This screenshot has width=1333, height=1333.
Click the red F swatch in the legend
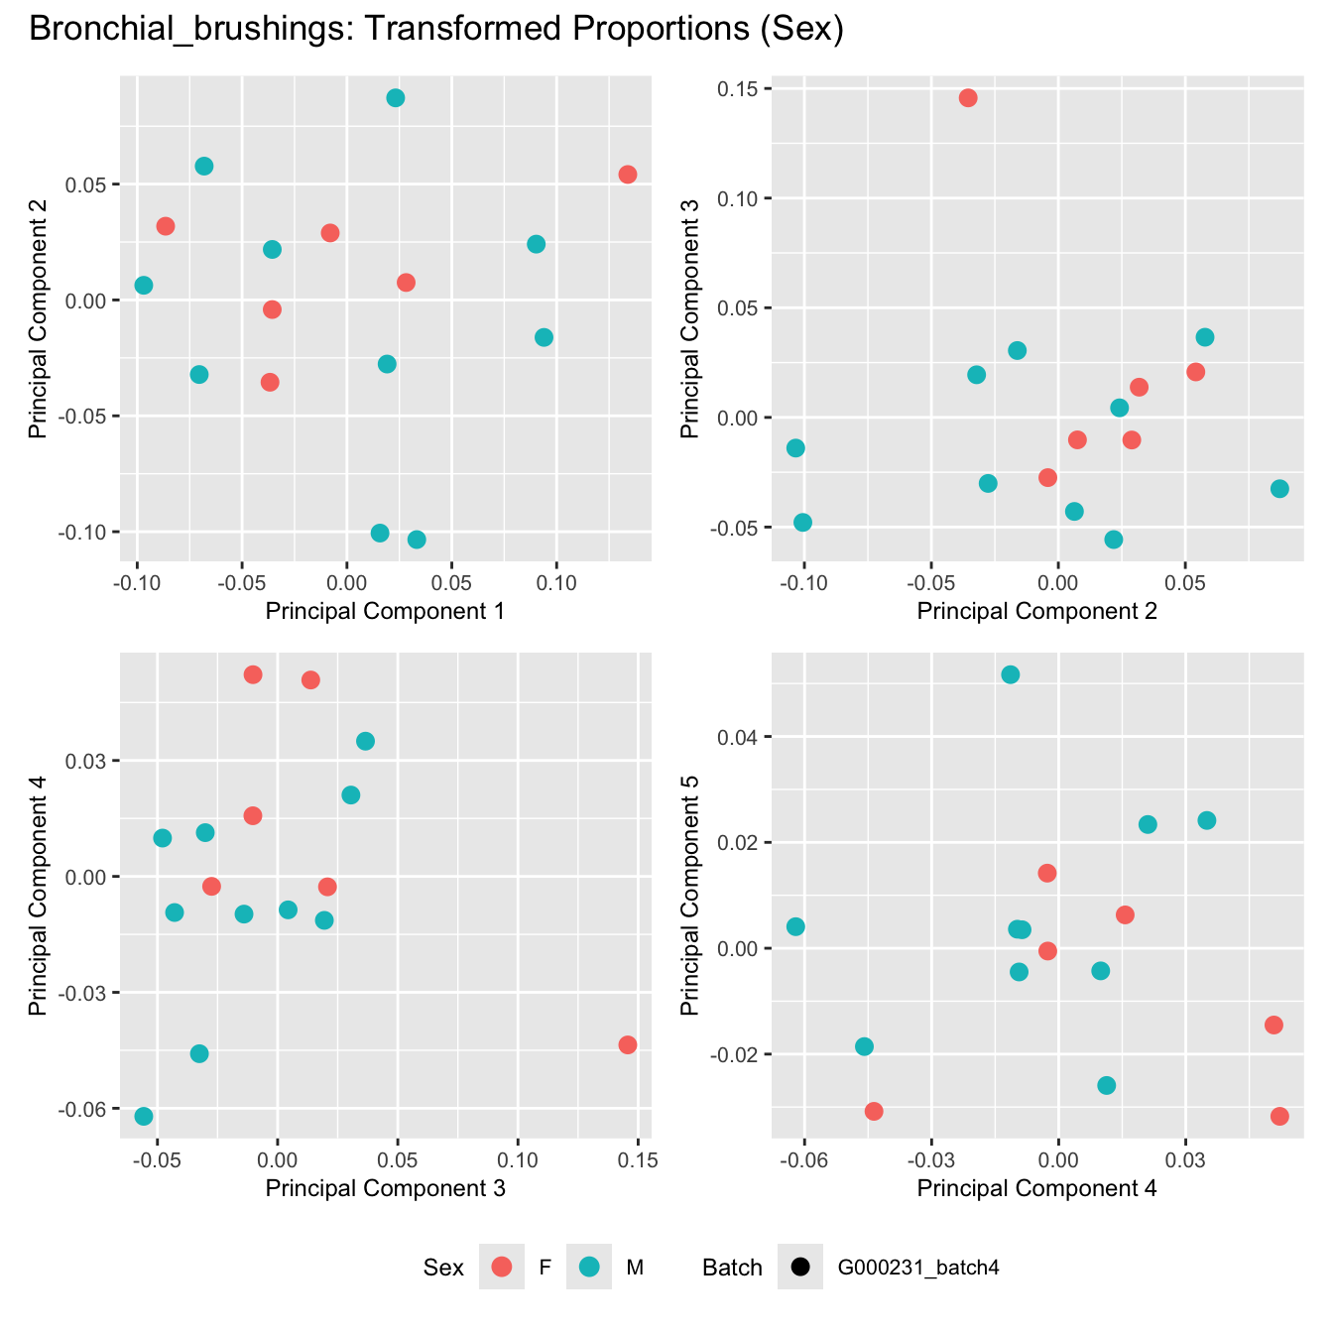pyautogui.click(x=502, y=1267)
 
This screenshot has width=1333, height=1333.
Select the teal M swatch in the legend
pyautogui.click(x=589, y=1267)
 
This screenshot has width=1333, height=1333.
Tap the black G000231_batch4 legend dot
pyautogui.click(x=800, y=1267)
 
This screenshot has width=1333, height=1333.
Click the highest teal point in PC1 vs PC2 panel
pyautogui.click(x=396, y=98)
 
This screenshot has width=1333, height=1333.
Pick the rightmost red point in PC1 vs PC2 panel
pyautogui.click(x=628, y=175)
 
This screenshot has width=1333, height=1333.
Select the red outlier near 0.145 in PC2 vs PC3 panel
pyautogui.click(x=968, y=98)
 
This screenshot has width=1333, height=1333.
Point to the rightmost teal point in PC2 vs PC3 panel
pyautogui.click(x=1279, y=489)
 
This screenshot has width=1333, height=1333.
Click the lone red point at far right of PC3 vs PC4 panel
pyautogui.click(x=628, y=1045)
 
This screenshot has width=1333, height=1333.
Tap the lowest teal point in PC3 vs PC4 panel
pyautogui.click(x=144, y=1117)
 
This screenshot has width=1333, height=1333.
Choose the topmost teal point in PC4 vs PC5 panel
pyautogui.click(x=1011, y=675)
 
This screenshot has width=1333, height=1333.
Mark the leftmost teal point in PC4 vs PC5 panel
pyautogui.click(x=795, y=927)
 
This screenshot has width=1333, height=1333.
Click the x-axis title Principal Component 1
pyautogui.click(x=386, y=611)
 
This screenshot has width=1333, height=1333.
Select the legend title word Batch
pyautogui.click(x=732, y=1268)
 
